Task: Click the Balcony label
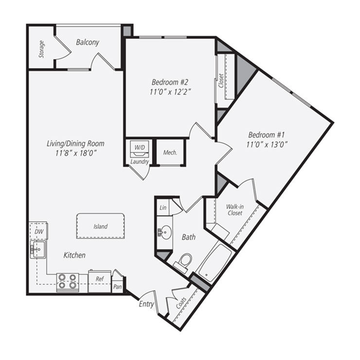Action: pyautogui.click(x=88, y=42)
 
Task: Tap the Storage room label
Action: pyautogui.click(x=42, y=49)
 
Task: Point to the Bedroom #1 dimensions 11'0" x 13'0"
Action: pyautogui.click(x=269, y=144)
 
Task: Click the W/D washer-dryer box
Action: pyautogui.click(x=139, y=146)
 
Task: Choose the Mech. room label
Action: pyautogui.click(x=170, y=152)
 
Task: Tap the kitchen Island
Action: pyautogui.click(x=101, y=226)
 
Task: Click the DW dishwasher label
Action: pyautogui.click(x=39, y=233)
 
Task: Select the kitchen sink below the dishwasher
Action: pyautogui.click(x=37, y=250)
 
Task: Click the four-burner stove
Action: pyautogui.click(x=68, y=282)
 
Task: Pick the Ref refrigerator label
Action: pyautogui.click(x=99, y=279)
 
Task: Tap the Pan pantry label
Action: pyautogui.click(x=117, y=287)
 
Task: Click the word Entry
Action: pyautogui.click(x=146, y=305)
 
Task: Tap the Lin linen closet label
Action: pyautogui.click(x=162, y=208)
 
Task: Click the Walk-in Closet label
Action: pyautogui.click(x=234, y=210)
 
